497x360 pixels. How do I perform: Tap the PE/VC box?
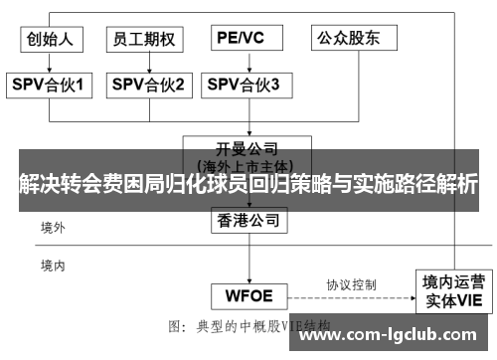[x=242, y=38]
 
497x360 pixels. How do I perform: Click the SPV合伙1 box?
[x=51, y=86]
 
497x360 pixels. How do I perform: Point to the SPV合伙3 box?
[x=243, y=86]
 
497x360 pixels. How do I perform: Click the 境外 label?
[x=53, y=228]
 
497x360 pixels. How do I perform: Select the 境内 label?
[x=53, y=266]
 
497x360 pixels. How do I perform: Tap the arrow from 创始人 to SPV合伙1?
[x=51, y=62]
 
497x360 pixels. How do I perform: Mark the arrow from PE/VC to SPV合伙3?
[x=242, y=62]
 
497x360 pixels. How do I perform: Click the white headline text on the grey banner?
[x=248, y=184]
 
